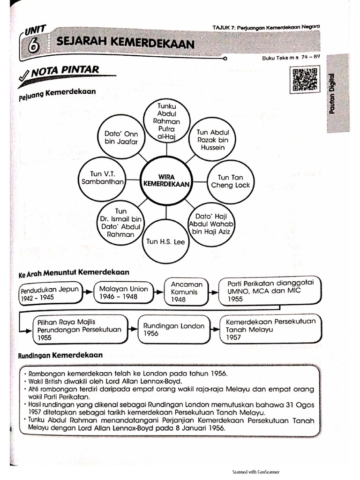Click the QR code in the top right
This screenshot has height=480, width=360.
point(305,79)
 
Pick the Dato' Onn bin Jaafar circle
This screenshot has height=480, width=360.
point(121,137)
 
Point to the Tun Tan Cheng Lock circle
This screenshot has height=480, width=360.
point(230,181)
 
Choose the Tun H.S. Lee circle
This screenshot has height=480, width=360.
point(165,242)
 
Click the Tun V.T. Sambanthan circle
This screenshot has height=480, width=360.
point(101,178)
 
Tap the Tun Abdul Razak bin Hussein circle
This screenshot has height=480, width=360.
point(212,140)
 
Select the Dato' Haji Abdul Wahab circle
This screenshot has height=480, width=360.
point(211,223)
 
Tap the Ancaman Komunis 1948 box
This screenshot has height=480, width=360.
point(187,292)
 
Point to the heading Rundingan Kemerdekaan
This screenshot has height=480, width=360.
point(60,355)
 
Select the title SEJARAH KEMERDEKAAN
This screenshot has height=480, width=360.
point(125,44)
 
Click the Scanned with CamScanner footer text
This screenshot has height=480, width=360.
point(256,472)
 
